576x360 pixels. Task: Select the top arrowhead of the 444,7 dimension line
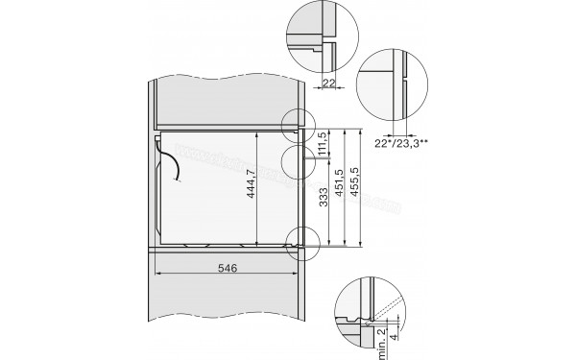[x=260, y=134]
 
